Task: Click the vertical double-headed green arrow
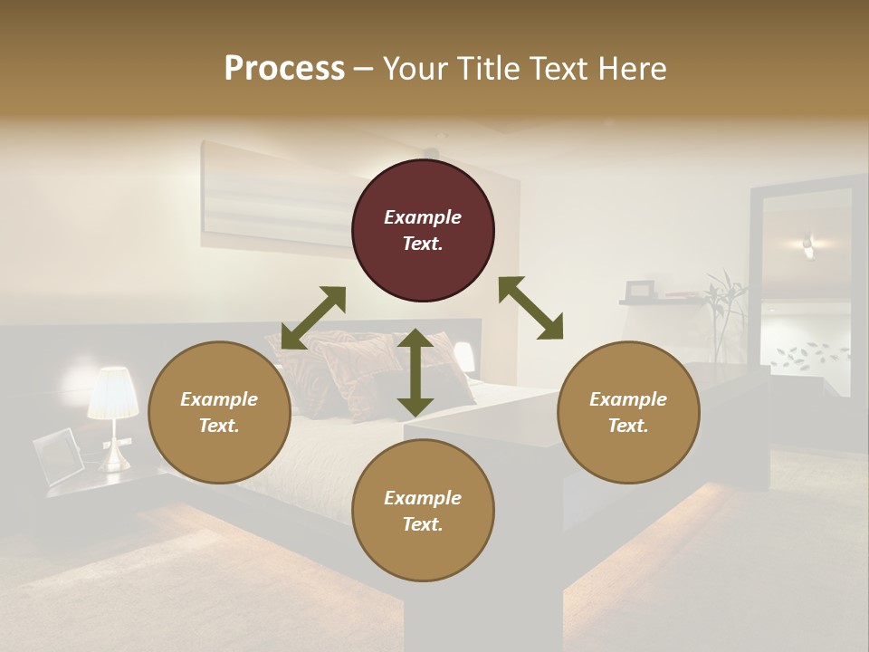click(415, 372)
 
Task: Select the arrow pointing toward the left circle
click(313, 317)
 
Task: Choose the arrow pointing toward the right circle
click(530, 308)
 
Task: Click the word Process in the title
click(284, 69)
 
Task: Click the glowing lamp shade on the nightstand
click(113, 393)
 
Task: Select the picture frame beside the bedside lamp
click(58, 455)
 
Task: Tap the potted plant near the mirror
click(724, 312)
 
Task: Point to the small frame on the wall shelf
click(641, 290)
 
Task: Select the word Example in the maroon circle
click(423, 217)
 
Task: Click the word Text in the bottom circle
click(423, 524)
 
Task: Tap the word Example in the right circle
click(628, 399)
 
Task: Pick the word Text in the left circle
click(219, 426)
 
